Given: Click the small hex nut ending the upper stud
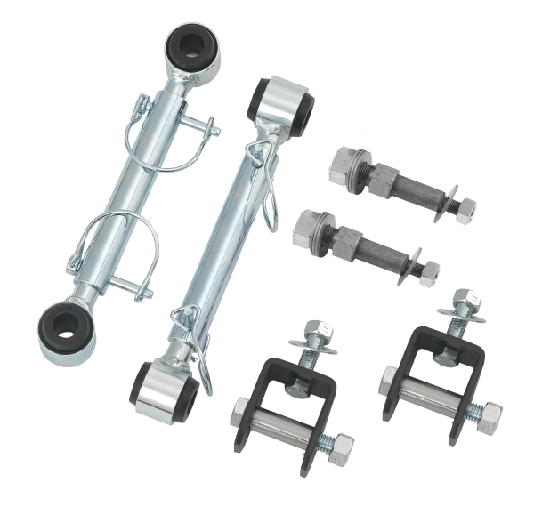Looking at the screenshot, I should click(x=462, y=210).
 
